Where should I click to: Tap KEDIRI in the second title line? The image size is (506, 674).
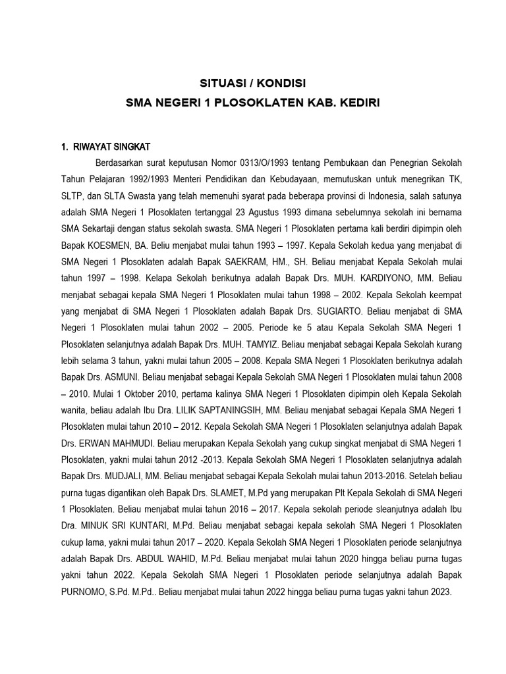(x=358, y=103)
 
